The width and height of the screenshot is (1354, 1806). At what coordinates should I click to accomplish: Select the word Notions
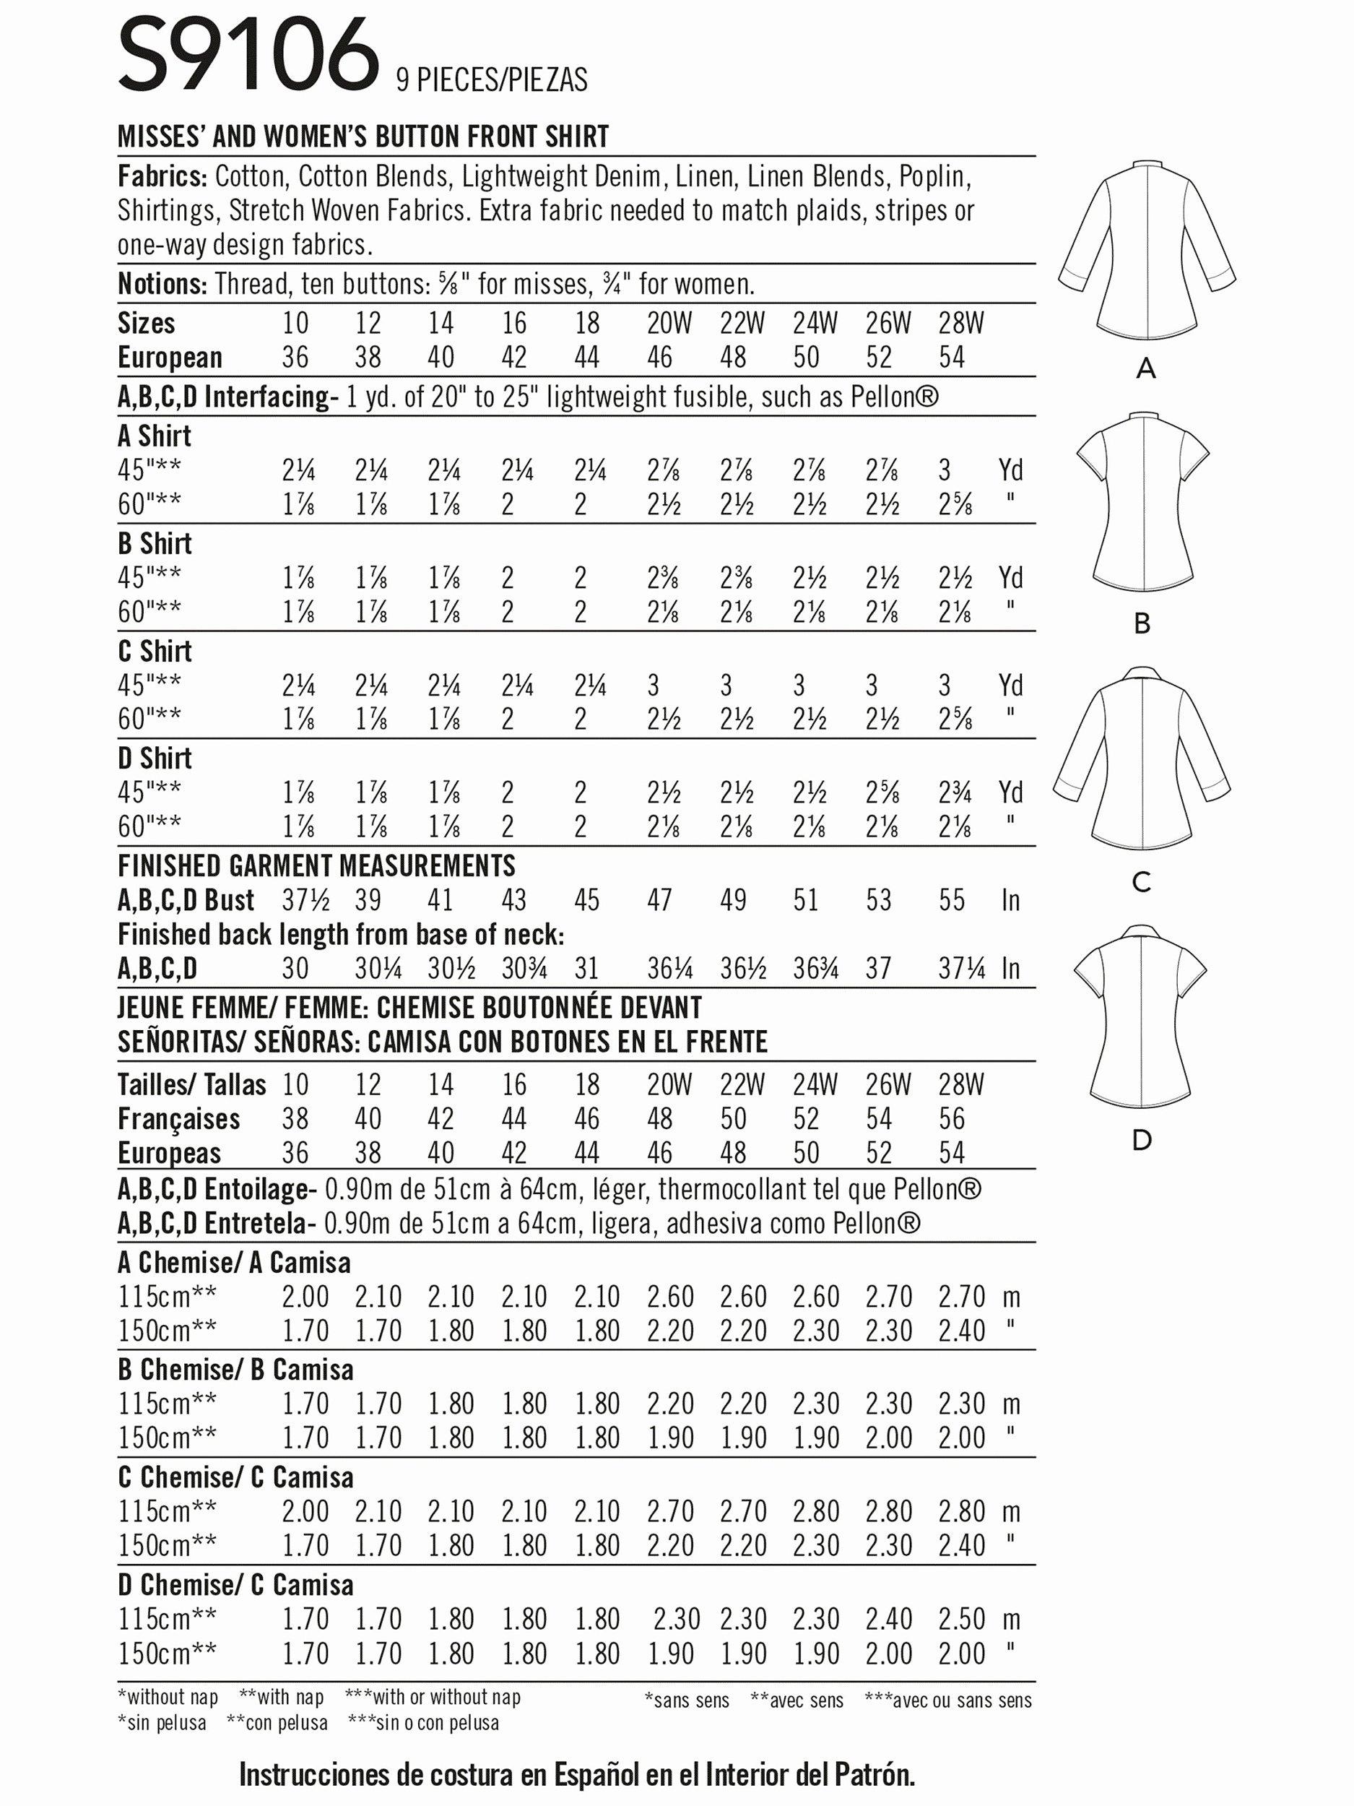pyautogui.click(x=162, y=284)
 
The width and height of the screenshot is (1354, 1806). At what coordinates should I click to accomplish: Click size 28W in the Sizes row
pyautogui.click(x=960, y=324)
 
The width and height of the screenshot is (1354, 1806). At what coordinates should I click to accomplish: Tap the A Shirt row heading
pyautogui.click(x=155, y=436)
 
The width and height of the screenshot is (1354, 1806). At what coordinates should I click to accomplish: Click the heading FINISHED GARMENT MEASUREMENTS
pyautogui.click(x=317, y=865)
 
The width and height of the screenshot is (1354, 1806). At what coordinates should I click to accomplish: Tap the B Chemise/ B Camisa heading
pyautogui.click(x=235, y=1369)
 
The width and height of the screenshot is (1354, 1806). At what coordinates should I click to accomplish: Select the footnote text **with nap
pyautogui.click(x=281, y=1697)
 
